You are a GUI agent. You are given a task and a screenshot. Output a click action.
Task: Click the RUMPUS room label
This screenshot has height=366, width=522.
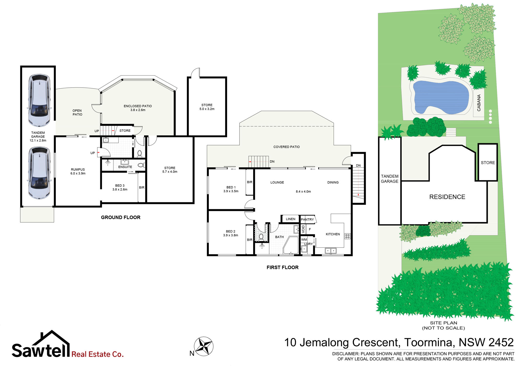78,169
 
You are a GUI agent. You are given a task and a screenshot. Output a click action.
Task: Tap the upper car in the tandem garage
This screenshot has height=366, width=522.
39,100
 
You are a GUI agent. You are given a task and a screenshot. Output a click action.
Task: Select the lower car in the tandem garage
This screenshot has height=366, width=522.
39,173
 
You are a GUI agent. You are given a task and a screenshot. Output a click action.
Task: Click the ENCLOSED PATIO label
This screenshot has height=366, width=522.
138,106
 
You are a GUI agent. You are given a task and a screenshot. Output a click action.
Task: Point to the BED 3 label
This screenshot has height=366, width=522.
120,185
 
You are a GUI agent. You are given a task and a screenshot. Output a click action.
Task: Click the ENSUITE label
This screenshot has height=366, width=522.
125,167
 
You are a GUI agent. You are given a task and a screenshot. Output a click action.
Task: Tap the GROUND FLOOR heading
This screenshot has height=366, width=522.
121,217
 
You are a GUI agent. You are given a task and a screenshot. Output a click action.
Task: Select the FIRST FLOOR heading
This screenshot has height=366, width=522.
282,267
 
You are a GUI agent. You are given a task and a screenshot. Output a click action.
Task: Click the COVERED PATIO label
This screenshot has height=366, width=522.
287,147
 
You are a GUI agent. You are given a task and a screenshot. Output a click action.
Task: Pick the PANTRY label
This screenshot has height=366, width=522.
307,219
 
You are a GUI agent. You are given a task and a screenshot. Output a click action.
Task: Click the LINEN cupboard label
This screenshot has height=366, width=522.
290,219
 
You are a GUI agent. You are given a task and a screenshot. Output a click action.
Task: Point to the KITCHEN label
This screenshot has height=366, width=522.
333,234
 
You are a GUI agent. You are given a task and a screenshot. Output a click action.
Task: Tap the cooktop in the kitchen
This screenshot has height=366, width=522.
347,236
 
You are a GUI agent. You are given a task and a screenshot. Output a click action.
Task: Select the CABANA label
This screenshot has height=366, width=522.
479,103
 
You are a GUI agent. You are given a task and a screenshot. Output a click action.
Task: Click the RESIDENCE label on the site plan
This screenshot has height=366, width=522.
447,197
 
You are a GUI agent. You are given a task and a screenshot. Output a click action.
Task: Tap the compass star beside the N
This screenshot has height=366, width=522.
204,346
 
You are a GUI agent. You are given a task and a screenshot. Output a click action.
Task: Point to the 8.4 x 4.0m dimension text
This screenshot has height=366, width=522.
303,191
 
